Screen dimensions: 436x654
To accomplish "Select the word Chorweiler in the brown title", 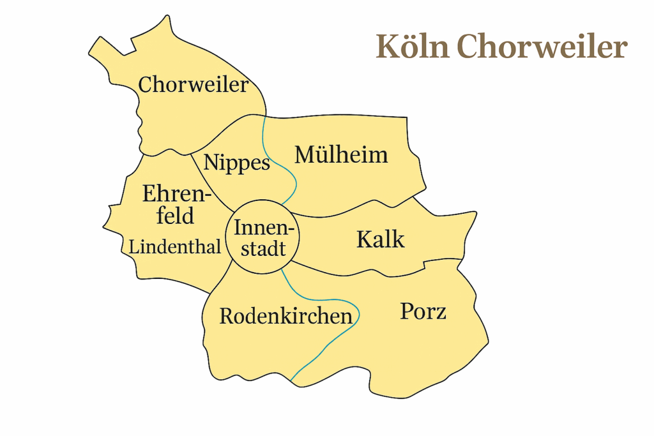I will pos(542,47).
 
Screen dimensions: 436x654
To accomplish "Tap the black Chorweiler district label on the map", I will pos(193,84).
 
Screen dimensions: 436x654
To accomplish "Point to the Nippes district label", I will pos(237,163).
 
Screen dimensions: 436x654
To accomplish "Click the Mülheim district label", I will pos(341,154).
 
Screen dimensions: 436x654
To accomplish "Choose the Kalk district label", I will pos(380,239).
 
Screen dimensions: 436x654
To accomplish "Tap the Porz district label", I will pos(423,312).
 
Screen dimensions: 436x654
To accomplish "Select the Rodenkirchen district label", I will pos(285,316).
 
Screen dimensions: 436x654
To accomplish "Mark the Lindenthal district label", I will pos(175,247).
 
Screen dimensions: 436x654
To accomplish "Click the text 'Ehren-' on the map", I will pos(177,193).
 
